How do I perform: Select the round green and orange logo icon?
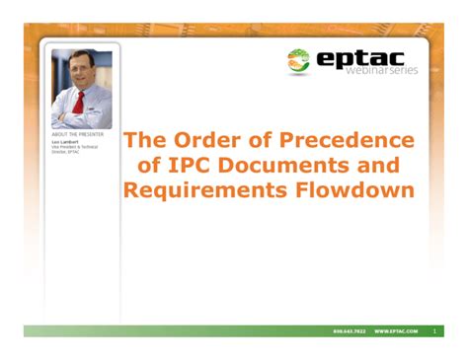tap(298, 60)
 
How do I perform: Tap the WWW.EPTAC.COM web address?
tap(396, 330)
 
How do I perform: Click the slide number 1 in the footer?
tap(433, 330)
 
